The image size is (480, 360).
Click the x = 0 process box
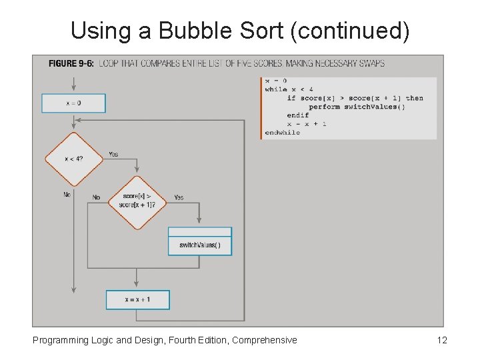pos(73,103)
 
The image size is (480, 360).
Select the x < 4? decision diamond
pos(73,159)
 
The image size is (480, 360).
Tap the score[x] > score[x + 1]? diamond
pos(137,201)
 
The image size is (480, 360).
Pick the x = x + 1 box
pos(138,300)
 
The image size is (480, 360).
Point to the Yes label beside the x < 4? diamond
pos(113,154)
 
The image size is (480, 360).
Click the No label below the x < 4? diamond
pos(67,195)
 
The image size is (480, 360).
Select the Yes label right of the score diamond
pos(179,197)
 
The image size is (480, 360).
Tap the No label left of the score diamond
pos(96,197)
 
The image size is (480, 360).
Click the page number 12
pos(441,340)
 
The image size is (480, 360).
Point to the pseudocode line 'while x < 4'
pos(289,89)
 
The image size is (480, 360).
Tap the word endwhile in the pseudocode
pos(283,133)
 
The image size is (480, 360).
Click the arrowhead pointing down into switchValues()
pos(199,221)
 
